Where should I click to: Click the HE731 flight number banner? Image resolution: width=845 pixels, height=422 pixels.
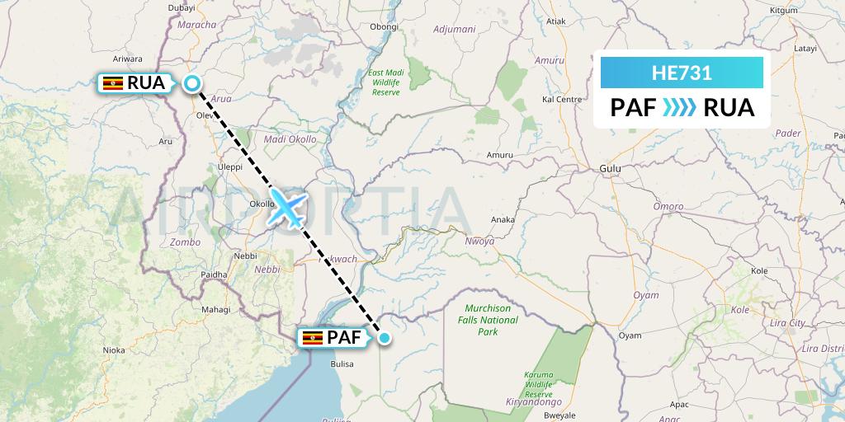[x=682, y=73]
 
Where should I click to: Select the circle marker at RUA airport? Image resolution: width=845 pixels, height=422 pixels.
[x=192, y=82]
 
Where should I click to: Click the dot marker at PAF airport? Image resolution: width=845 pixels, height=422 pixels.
[x=385, y=336]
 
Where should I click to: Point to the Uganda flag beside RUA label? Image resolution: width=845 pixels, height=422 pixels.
[x=113, y=82]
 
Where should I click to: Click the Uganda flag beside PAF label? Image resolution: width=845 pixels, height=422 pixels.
[x=313, y=338]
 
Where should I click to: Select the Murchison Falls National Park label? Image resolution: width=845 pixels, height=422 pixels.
[x=488, y=320]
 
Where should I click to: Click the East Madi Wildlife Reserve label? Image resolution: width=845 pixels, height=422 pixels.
[x=385, y=82]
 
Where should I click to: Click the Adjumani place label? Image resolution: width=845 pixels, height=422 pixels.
[x=455, y=29]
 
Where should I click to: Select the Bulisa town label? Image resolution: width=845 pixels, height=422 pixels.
[x=341, y=363]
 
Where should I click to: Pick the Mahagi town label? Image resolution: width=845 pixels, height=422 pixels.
[x=216, y=309]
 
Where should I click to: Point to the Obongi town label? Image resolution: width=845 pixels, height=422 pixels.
[x=384, y=26]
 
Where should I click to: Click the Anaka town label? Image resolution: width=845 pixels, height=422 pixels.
[x=503, y=220]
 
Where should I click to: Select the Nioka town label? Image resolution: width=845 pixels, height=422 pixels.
[x=113, y=350]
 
